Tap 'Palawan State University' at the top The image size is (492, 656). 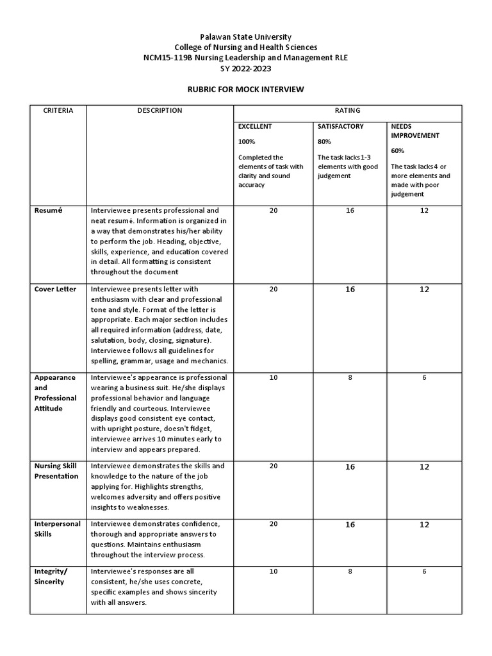pos(246,37)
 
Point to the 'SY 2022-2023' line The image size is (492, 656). pos(246,68)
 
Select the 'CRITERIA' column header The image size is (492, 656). pos(58,110)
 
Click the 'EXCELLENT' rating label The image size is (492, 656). pos(255,126)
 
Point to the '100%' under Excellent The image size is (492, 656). pos(247,141)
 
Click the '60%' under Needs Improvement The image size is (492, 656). pos(398,151)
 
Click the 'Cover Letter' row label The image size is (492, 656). pos(55,289)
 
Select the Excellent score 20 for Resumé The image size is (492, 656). pos(274,210)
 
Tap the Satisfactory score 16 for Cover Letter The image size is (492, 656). pos(350,290)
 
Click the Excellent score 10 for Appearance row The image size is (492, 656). pos(274,377)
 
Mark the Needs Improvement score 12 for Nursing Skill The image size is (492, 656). pos(424,466)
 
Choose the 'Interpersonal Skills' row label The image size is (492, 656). pos(57,529)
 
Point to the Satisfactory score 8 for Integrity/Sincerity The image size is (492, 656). pos(350,571)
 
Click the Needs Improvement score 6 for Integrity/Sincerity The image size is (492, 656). pos(424,571)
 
